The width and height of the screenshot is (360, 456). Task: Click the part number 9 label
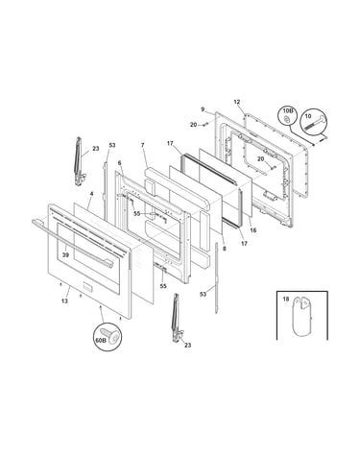203,109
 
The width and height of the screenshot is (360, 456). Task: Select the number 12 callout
237,102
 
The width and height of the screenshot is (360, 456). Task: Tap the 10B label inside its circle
287,110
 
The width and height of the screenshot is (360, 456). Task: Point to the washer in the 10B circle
287,120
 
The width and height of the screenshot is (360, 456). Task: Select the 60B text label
101,341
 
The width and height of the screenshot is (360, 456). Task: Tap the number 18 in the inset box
286,300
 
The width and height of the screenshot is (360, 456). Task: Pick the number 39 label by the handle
65,255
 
